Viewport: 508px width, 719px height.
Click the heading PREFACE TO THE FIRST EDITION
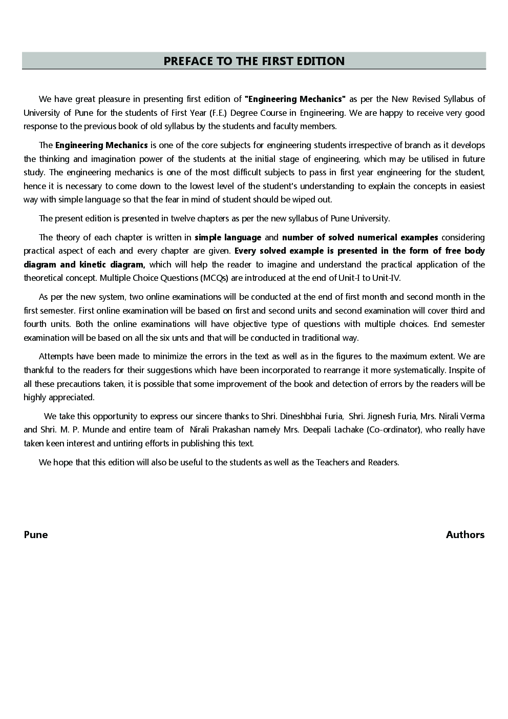pyautogui.click(x=254, y=61)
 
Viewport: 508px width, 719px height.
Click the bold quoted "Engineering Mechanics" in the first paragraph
pyautogui.click(x=295, y=99)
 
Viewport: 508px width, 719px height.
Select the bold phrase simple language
pyautogui.click(x=228, y=237)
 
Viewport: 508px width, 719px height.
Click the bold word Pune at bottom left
pyautogui.click(x=36, y=535)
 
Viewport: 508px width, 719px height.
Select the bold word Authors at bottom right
pyautogui.click(x=465, y=535)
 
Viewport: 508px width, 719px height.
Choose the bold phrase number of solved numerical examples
pyautogui.click(x=360, y=237)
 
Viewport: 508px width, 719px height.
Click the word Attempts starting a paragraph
pyautogui.click(x=56, y=356)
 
